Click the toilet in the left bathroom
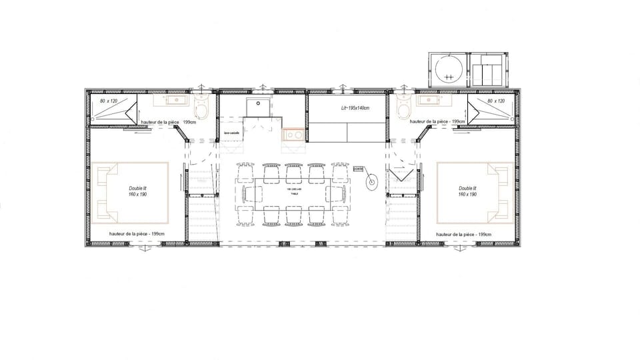pos(203,107)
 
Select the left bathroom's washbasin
pos(167,101)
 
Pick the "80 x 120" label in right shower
pos(497,101)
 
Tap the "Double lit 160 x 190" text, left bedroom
pos(138,191)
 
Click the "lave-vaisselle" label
pos(232,133)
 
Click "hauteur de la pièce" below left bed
pos(137,234)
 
